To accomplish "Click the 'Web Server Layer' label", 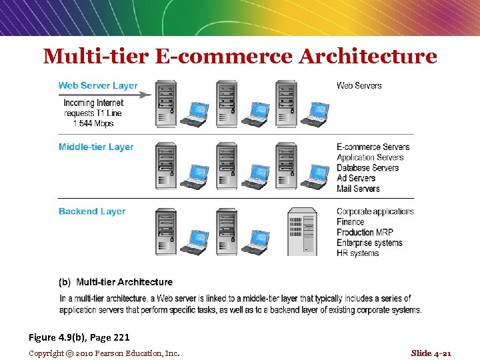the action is coord(98,85).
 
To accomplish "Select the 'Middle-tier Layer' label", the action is coord(96,147).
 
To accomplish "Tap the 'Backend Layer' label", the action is coord(92,211).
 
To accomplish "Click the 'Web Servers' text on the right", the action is coord(359,85).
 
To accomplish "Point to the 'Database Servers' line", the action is coord(367,167).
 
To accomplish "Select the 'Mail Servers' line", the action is coord(358,189).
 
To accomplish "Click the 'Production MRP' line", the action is coord(365,232).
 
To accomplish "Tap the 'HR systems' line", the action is coord(357,253).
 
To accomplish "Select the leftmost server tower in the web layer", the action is coord(166,104).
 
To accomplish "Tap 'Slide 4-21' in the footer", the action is coord(431,353).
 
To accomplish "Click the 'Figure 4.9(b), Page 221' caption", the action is coord(79,337).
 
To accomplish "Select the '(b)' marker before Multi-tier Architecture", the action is coord(65,282).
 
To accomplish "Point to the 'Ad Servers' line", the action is coord(356,178).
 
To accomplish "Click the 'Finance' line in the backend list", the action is coord(351,222).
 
